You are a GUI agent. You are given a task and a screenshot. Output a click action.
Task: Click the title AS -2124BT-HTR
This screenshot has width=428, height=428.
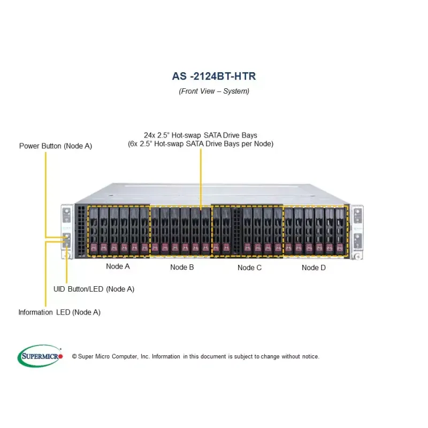tap(213, 76)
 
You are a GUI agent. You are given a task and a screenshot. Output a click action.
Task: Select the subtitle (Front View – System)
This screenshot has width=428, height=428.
tap(213, 91)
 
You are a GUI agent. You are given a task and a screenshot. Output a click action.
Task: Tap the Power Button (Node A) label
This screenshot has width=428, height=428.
tap(56, 146)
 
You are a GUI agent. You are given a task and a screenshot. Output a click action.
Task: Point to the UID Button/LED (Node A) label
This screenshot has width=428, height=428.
tap(94, 289)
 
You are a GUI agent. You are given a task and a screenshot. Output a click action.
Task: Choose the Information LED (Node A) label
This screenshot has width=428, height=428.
tap(59, 312)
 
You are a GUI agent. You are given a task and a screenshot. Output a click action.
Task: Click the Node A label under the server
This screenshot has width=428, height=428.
tap(118, 266)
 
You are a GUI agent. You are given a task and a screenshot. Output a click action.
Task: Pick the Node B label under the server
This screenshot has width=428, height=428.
tap(182, 267)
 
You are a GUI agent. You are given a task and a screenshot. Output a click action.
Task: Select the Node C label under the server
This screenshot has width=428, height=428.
tap(249, 267)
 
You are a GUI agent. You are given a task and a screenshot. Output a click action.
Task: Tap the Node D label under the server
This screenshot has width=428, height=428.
tap(314, 267)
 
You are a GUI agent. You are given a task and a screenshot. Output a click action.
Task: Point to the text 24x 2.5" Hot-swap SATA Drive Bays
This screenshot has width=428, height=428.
tap(201, 135)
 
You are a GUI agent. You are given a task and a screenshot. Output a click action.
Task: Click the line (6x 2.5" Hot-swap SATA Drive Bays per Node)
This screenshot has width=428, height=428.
tap(201, 144)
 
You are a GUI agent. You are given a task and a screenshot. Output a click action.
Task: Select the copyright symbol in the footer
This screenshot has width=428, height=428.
tap(74, 356)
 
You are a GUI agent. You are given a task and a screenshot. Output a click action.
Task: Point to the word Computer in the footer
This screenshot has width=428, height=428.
tap(125, 356)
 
